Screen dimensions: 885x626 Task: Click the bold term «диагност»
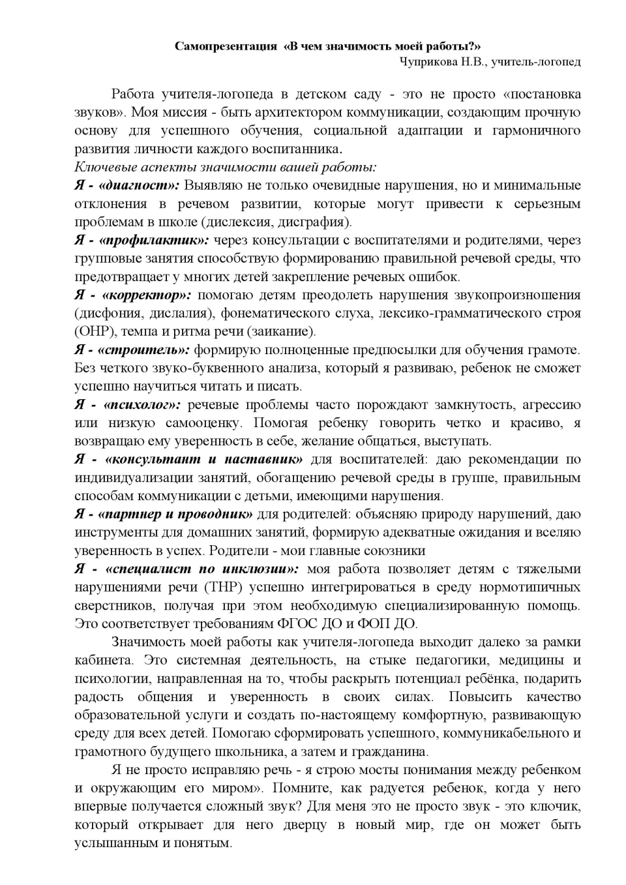141,185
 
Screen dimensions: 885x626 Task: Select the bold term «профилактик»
155,240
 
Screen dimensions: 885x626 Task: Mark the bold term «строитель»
147,350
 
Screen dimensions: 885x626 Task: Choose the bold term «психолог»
142,404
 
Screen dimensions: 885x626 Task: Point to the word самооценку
203,423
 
